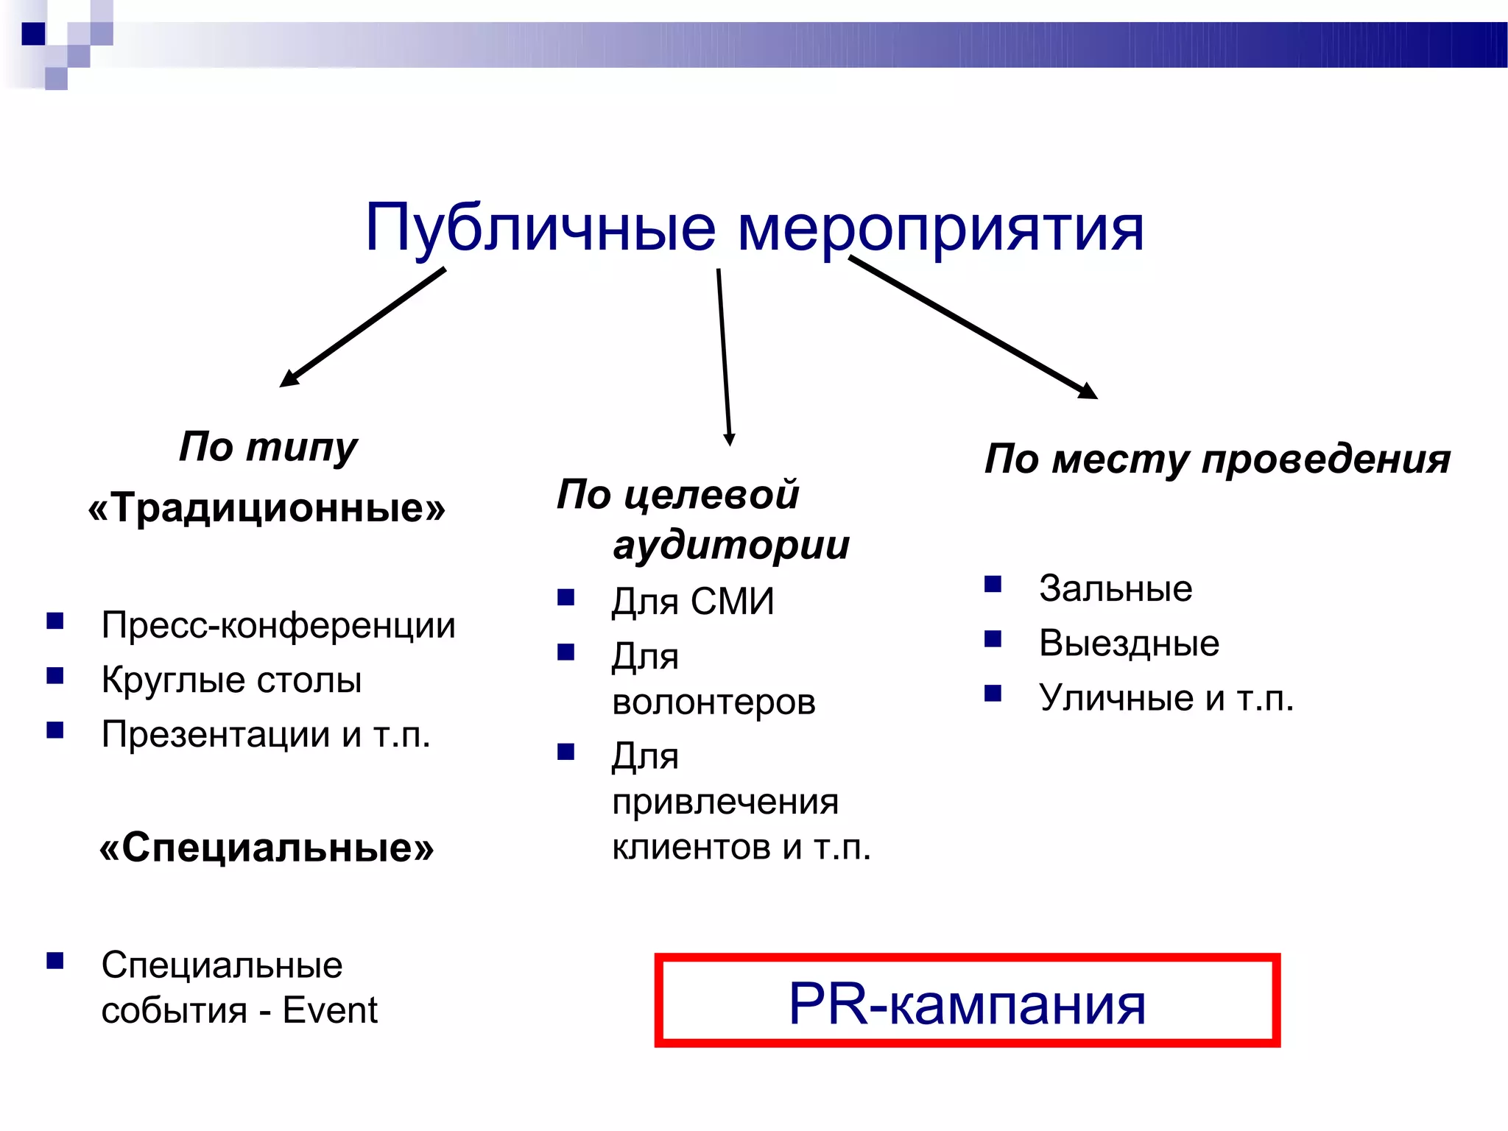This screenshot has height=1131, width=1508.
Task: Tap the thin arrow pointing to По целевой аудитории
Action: coord(724,357)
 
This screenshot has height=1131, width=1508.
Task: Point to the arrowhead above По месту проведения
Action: coord(1088,390)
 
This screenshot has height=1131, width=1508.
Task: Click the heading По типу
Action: coord(268,446)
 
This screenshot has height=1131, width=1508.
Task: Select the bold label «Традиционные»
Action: coord(267,507)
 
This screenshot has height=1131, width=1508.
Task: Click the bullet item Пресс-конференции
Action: coord(278,625)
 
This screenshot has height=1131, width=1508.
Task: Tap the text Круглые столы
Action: coord(231,680)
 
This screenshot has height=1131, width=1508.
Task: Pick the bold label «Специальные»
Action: coord(267,848)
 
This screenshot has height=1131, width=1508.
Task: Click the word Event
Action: coord(330,1010)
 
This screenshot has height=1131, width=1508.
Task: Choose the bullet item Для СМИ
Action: coord(693,602)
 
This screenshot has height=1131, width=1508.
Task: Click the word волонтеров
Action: coord(714,702)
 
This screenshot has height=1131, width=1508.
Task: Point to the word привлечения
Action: coord(725,802)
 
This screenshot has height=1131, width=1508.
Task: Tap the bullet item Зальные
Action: coord(1115,588)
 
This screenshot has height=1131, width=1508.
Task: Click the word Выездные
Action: coord(1129,643)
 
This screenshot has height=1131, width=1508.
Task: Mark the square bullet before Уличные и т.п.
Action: coord(993,694)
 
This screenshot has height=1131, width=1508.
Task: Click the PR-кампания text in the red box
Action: coord(967,1004)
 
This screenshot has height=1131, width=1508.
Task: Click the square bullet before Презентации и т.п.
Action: coord(55,730)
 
